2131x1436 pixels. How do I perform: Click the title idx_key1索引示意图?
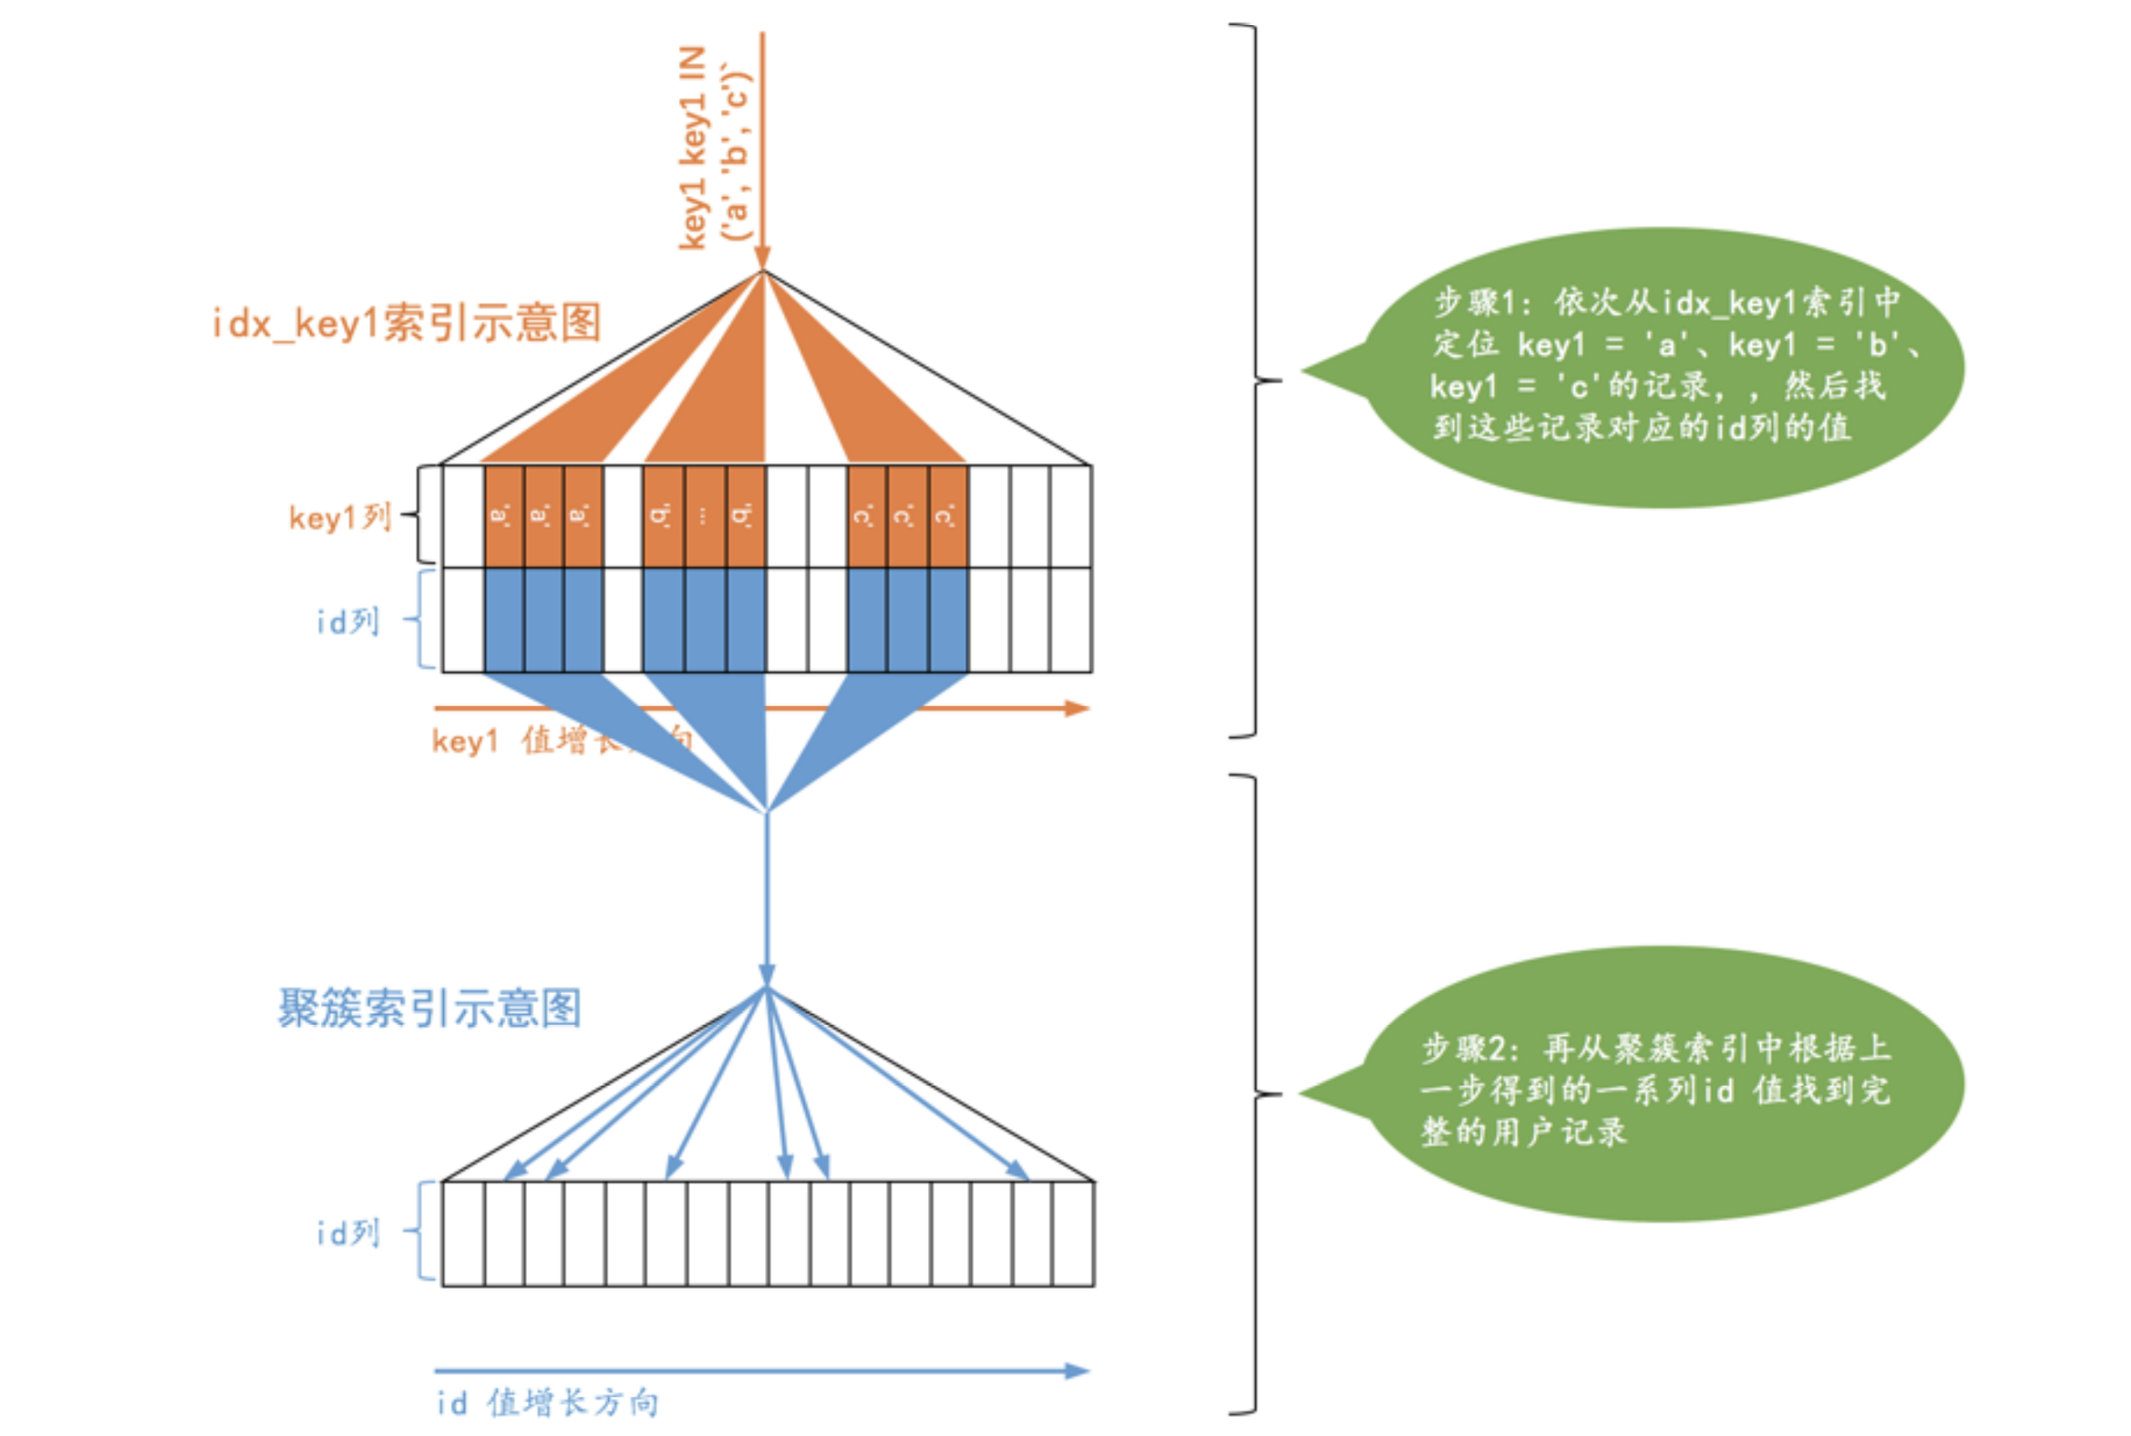(406, 323)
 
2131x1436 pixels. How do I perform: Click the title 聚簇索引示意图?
(429, 1008)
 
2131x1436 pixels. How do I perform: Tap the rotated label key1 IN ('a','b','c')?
(714, 147)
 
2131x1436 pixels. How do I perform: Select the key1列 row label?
(340, 518)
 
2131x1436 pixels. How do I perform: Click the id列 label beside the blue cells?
(347, 622)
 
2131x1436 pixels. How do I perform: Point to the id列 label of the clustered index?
(347, 1233)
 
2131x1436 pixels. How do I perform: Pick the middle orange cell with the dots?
(703, 517)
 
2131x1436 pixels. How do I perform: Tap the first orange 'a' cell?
(503, 517)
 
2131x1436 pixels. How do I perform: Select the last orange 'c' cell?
(948, 517)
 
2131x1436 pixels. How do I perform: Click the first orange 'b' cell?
(662, 517)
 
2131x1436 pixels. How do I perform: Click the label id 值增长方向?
(547, 1402)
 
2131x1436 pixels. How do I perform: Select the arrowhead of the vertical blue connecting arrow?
(767, 975)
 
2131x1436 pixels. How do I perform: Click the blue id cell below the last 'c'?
(948, 620)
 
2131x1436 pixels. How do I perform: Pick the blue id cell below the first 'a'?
(503, 620)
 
